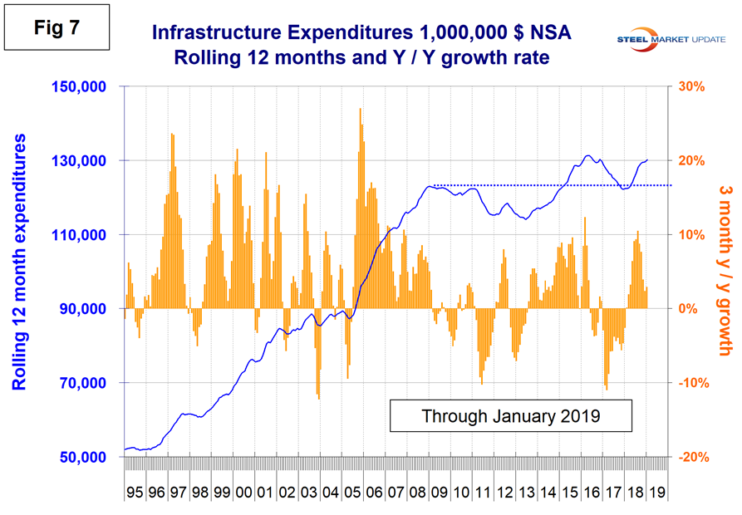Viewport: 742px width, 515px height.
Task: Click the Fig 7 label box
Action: tap(57, 27)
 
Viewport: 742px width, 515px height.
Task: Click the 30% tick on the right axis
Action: tap(693, 86)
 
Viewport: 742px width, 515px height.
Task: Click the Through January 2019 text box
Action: tap(510, 415)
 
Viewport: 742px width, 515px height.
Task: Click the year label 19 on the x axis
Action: tap(653, 493)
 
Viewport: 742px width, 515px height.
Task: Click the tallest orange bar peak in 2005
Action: tap(360, 110)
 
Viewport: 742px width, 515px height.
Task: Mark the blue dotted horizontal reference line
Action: tap(548, 185)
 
